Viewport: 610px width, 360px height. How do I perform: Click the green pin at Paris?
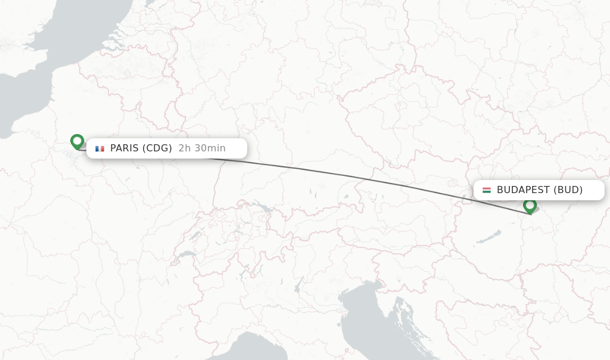click(x=77, y=141)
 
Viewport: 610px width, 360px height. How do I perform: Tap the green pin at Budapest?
click(x=530, y=206)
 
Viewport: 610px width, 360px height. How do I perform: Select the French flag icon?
click(x=99, y=148)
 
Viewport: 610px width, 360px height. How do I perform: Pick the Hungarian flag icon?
click(x=487, y=190)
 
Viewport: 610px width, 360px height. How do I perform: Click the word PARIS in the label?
click(x=125, y=148)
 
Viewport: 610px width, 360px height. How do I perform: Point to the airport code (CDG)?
click(x=158, y=148)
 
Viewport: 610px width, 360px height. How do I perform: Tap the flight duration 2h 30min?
click(x=202, y=148)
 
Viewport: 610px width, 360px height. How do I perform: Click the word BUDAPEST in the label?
click(x=523, y=190)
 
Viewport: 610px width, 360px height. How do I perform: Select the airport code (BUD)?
click(x=568, y=190)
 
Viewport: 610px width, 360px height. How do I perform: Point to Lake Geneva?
click(x=186, y=254)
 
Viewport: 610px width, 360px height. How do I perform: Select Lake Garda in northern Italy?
click(x=297, y=285)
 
